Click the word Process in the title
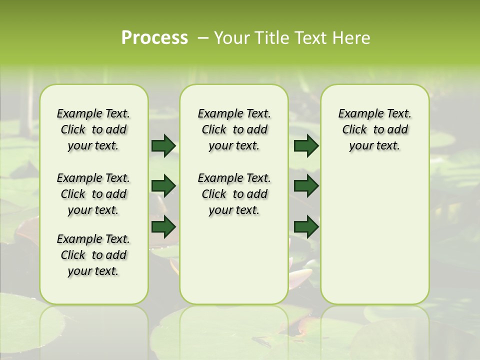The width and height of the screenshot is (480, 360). click(x=154, y=38)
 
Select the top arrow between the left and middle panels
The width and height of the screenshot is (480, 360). click(x=163, y=146)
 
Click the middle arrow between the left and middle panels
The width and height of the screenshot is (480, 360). click(x=163, y=186)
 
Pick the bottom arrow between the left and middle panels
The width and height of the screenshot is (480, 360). click(x=163, y=226)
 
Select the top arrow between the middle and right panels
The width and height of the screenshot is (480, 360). click(x=306, y=146)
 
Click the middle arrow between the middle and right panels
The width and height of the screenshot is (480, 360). click(x=306, y=186)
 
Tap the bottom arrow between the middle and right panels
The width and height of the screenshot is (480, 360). click(x=306, y=226)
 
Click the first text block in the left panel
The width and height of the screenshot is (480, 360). click(x=93, y=129)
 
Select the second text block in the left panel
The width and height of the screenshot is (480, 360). click(x=93, y=194)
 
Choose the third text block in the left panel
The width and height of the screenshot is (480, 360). click(x=93, y=255)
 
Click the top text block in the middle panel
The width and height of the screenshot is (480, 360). click(x=234, y=129)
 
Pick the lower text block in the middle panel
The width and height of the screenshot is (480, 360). click(x=234, y=194)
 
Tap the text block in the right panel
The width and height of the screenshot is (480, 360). click(x=374, y=129)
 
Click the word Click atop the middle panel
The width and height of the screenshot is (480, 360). click(x=214, y=130)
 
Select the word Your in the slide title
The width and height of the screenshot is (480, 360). click(x=230, y=38)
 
